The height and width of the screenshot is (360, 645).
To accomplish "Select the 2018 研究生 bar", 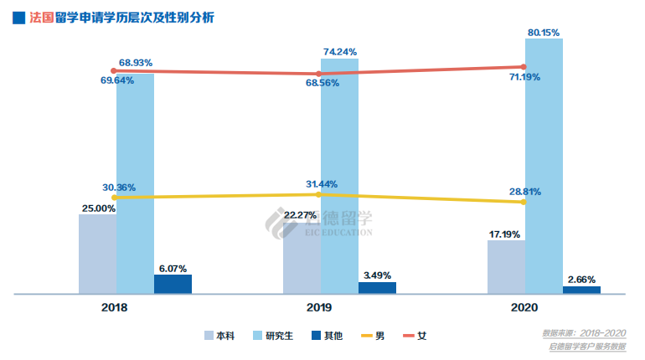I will point(135,184).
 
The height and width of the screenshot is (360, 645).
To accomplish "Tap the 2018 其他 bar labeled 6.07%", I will point(173,284).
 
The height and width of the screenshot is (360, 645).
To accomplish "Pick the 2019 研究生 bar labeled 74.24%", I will point(339,176).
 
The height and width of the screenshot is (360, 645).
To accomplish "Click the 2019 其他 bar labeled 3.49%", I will point(377,288).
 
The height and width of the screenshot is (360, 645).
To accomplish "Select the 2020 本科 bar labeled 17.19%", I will point(506,267).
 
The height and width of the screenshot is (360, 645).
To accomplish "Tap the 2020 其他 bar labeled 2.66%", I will point(581,290).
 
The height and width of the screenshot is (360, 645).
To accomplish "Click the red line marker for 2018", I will point(113,71).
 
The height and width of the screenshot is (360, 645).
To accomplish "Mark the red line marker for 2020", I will point(524,66).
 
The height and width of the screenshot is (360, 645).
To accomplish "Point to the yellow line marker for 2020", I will point(524,202).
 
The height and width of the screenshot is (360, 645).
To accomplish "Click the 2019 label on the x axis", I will point(318,308).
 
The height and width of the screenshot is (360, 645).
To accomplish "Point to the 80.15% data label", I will point(544,32).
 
